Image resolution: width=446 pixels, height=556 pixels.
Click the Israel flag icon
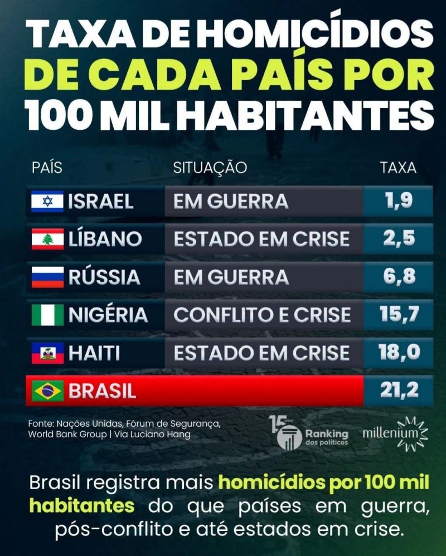[x=47, y=202]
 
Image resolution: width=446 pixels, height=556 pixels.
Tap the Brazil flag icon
[x=47, y=391]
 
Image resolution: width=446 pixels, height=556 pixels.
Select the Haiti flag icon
[x=47, y=353]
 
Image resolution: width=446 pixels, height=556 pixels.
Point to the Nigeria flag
[x=47, y=315]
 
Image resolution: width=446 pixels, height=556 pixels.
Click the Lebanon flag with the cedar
[x=47, y=239]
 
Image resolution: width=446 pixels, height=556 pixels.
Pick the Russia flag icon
[x=47, y=277]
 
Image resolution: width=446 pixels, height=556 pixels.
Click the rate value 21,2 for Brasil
[x=399, y=391]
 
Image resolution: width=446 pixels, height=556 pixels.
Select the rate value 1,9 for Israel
[x=399, y=201]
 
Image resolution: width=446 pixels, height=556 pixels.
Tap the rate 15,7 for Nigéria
[x=399, y=314]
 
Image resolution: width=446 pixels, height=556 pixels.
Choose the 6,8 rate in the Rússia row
[x=399, y=276]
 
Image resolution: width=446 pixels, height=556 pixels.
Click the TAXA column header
[x=399, y=167]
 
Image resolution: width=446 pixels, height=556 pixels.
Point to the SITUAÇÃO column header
[x=210, y=167]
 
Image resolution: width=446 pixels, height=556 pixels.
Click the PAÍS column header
[x=47, y=167]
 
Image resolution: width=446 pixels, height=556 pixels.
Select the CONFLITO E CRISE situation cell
[x=262, y=315]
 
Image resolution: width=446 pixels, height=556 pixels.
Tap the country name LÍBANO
[x=105, y=238]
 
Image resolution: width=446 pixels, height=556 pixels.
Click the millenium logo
[x=395, y=433]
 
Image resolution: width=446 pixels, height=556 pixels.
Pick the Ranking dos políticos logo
[x=309, y=433]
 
